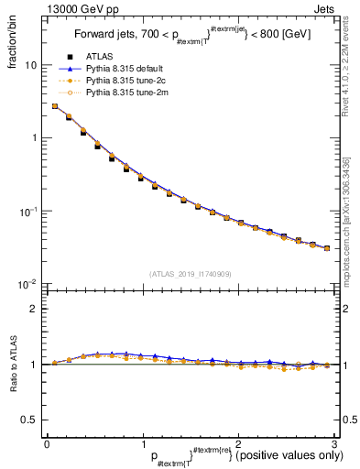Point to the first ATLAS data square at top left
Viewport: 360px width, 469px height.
point(55,106)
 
